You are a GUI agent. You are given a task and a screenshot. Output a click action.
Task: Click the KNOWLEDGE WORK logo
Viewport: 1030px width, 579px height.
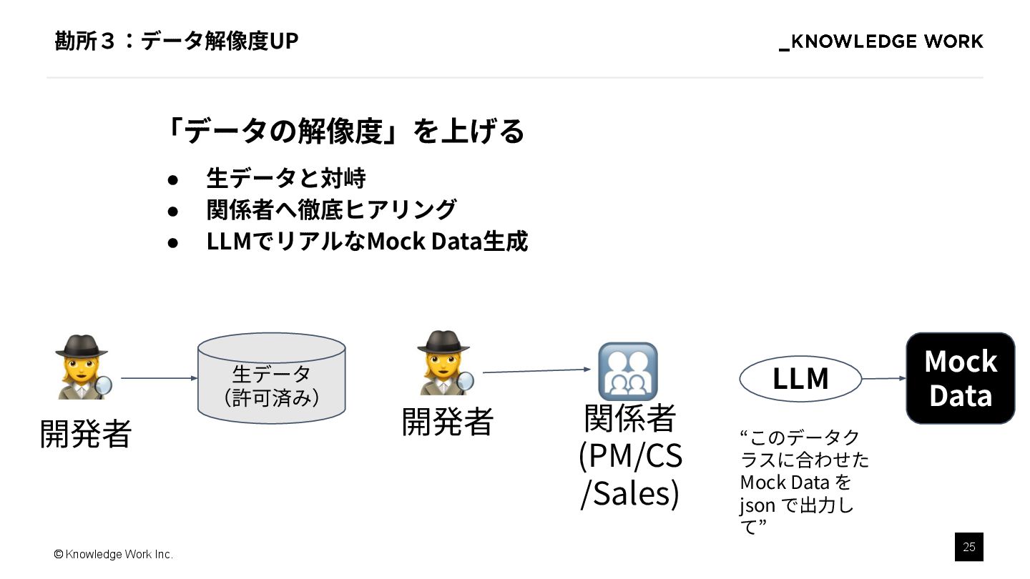[x=881, y=42]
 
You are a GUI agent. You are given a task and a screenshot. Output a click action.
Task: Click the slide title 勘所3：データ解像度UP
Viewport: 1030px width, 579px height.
[x=176, y=41]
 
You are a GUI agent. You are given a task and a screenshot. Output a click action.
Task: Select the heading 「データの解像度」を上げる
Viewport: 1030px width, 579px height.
[x=343, y=131]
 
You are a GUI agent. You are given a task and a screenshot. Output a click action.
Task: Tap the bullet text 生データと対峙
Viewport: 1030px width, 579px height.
[x=285, y=178]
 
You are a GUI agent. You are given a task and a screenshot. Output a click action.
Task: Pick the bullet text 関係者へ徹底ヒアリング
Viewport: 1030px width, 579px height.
[x=331, y=209]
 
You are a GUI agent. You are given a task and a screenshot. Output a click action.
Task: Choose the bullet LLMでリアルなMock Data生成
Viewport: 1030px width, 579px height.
[x=367, y=242]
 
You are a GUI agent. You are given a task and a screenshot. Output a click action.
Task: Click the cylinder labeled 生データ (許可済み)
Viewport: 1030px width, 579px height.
[x=271, y=378]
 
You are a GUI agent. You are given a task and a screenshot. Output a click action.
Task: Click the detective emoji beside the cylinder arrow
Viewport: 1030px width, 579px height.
[x=83, y=367]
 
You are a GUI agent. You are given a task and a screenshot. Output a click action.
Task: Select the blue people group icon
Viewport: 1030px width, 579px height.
[x=627, y=371]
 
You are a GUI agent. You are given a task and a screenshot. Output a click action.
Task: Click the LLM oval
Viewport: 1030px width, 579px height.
[x=800, y=379]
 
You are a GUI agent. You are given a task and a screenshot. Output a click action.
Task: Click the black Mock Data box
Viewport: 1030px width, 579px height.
[x=960, y=378]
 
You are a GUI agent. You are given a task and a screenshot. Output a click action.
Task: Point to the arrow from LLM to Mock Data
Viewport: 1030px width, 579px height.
[x=884, y=379]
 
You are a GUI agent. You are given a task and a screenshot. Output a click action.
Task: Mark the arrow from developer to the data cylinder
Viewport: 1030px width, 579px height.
[x=159, y=378]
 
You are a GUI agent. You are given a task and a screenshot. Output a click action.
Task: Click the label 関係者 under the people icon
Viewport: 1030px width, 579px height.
[x=629, y=419]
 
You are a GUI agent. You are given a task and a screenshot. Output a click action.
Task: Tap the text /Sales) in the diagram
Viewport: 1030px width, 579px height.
[x=629, y=493]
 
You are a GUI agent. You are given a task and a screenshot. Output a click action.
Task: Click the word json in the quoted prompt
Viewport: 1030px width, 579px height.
[x=757, y=505]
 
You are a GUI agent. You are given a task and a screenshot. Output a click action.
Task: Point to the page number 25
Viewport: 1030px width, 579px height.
[x=968, y=547]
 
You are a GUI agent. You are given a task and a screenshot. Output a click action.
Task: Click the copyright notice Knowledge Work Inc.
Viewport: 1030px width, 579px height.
[x=114, y=555]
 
